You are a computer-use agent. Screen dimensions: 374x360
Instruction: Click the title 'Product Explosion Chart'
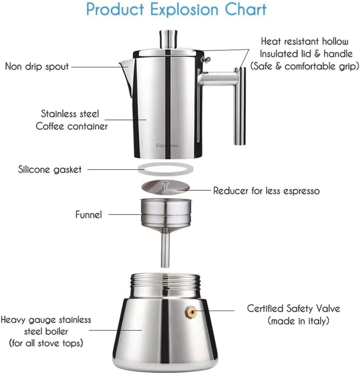(x=176, y=10)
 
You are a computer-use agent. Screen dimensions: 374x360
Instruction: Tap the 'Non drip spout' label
(x=37, y=66)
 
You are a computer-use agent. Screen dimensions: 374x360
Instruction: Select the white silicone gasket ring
(x=166, y=169)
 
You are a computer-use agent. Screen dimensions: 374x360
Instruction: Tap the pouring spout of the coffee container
(x=125, y=65)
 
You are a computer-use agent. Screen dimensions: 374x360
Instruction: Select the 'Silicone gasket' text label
(x=49, y=169)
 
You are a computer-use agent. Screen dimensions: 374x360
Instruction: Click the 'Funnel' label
(x=88, y=215)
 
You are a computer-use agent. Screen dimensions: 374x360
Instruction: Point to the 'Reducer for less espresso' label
(x=266, y=191)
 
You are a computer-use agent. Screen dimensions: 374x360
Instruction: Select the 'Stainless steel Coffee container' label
(x=71, y=120)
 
